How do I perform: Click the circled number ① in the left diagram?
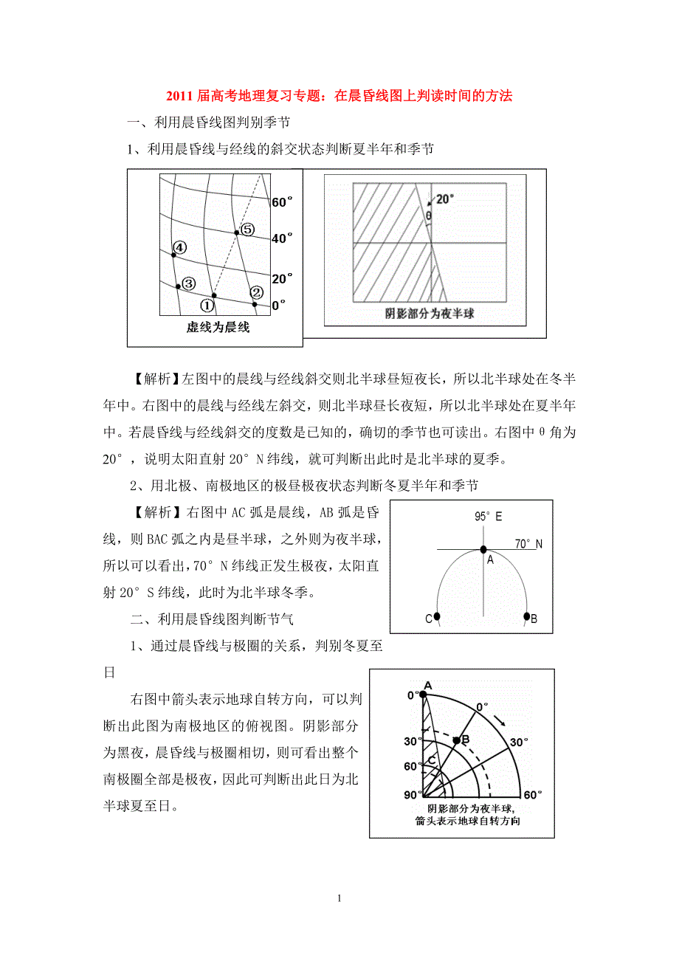click(x=207, y=304)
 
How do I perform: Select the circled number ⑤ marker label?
click(x=247, y=230)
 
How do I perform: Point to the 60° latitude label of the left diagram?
click(x=282, y=201)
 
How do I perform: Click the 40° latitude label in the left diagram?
click(x=282, y=238)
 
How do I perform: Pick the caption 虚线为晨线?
click(x=218, y=327)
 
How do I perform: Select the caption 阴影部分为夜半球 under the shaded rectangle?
click(x=430, y=314)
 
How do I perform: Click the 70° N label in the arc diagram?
click(x=528, y=544)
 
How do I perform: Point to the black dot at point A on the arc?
click(x=483, y=549)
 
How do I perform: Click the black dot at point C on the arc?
click(x=437, y=616)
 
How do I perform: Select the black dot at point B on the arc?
click(x=527, y=616)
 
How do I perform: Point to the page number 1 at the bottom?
click(x=339, y=898)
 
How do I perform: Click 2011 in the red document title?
click(x=179, y=95)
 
